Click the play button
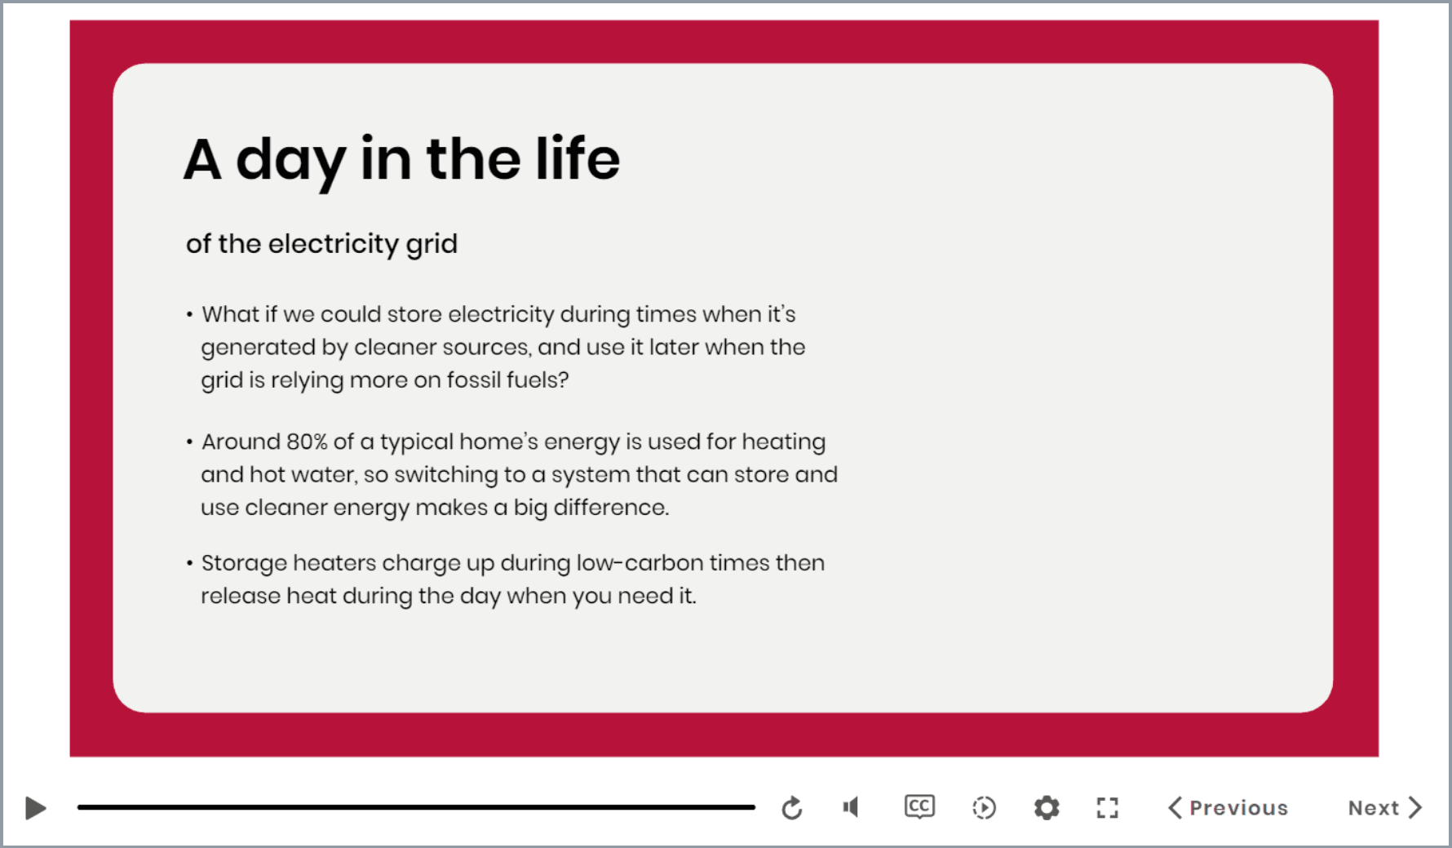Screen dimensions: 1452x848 pos(36,808)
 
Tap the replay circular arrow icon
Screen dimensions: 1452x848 pos(792,808)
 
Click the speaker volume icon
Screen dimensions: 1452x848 pos(851,807)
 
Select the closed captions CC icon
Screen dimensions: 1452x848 pos(919,806)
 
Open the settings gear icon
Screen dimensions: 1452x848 pos(1047,808)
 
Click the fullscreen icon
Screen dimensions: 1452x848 pos(1107,808)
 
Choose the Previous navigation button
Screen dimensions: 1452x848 pos(1228,808)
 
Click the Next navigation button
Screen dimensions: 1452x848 pos(1385,808)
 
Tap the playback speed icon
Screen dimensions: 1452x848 pos(984,808)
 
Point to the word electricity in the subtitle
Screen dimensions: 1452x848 pos(333,243)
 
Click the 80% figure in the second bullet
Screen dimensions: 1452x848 pos(307,442)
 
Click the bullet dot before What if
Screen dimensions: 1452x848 pos(189,314)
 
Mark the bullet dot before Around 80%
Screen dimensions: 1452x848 pos(189,442)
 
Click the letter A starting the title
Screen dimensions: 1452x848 pos(202,158)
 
